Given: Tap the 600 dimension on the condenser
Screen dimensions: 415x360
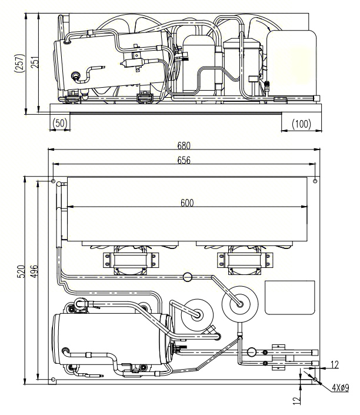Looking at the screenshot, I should [x=188, y=202].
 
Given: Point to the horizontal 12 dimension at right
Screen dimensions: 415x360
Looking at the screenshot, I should [x=334, y=366].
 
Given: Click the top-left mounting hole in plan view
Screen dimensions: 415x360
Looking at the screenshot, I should [x=54, y=180].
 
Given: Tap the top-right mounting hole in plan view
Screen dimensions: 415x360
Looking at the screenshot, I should [x=315, y=180].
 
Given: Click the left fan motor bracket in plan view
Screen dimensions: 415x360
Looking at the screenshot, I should [x=131, y=261].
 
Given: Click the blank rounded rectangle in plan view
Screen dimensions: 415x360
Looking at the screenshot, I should [x=290, y=297].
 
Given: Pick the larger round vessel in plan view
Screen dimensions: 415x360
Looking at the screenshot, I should [x=240, y=302].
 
